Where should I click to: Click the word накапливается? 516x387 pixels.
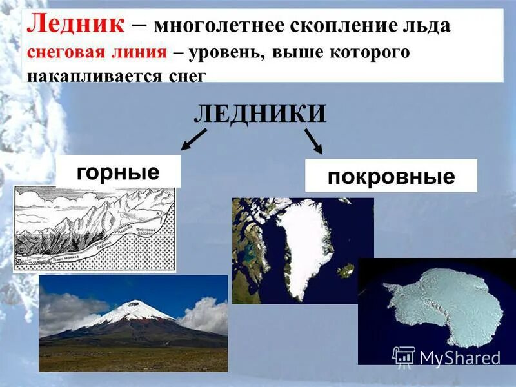[x=90, y=74]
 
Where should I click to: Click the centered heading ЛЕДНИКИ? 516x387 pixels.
[x=260, y=114]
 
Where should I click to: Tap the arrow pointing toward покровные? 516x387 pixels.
[x=313, y=141]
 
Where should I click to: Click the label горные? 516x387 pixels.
[x=118, y=172]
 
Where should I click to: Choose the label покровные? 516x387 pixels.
[x=391, y=176]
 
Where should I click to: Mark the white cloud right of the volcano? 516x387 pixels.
[x=205, y=316]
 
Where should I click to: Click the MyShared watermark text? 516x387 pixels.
[x=459, y=357]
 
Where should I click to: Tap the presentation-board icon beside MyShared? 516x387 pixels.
[x=404, y=356]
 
